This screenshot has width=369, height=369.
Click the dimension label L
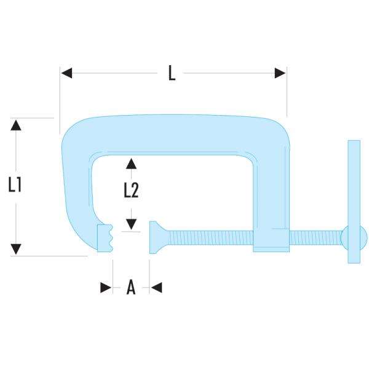(172, 74)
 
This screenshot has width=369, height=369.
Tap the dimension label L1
(16, 184)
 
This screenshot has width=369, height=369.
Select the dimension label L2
(131, 191)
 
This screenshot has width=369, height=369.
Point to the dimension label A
(130, 287)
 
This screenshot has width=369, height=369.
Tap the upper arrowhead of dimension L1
(16, 125)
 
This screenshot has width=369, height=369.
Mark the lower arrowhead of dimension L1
(16, 249)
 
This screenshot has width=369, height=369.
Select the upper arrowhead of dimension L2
(131, 163)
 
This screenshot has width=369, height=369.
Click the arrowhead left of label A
(106, 287)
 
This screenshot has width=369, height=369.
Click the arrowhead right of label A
(156, 287)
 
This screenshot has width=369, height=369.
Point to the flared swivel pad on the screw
(156, 237)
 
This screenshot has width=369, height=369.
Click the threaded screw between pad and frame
(209, 237)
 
